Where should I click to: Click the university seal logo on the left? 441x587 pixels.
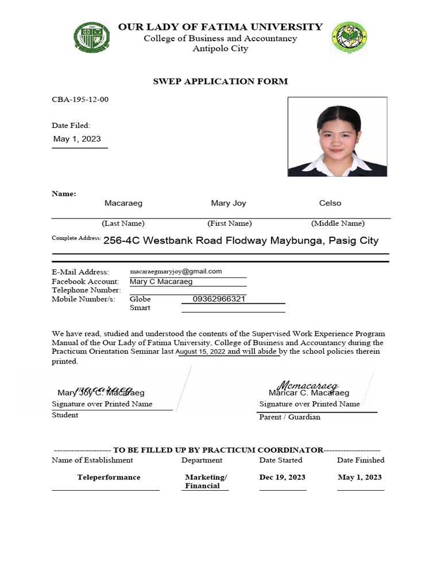92,37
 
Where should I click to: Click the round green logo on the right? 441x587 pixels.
349,38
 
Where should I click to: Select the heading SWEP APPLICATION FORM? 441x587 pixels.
220,81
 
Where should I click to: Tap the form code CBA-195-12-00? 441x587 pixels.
80,100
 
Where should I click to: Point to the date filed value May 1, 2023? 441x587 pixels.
77,139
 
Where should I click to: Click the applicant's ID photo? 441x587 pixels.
337,136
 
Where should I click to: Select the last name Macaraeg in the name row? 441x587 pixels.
123,203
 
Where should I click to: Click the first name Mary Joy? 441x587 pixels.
229,203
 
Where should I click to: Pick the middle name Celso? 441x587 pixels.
330,203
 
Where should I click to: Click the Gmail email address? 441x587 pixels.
176,272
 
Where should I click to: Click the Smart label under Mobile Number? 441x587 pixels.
140,308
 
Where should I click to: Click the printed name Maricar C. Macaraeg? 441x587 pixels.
309,393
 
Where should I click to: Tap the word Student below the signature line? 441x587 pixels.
65,415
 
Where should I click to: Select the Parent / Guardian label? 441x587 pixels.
290,417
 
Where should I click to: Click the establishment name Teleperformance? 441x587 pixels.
109,478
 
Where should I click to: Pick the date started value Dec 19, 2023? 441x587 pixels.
283,478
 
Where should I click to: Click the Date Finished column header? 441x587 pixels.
361,460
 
